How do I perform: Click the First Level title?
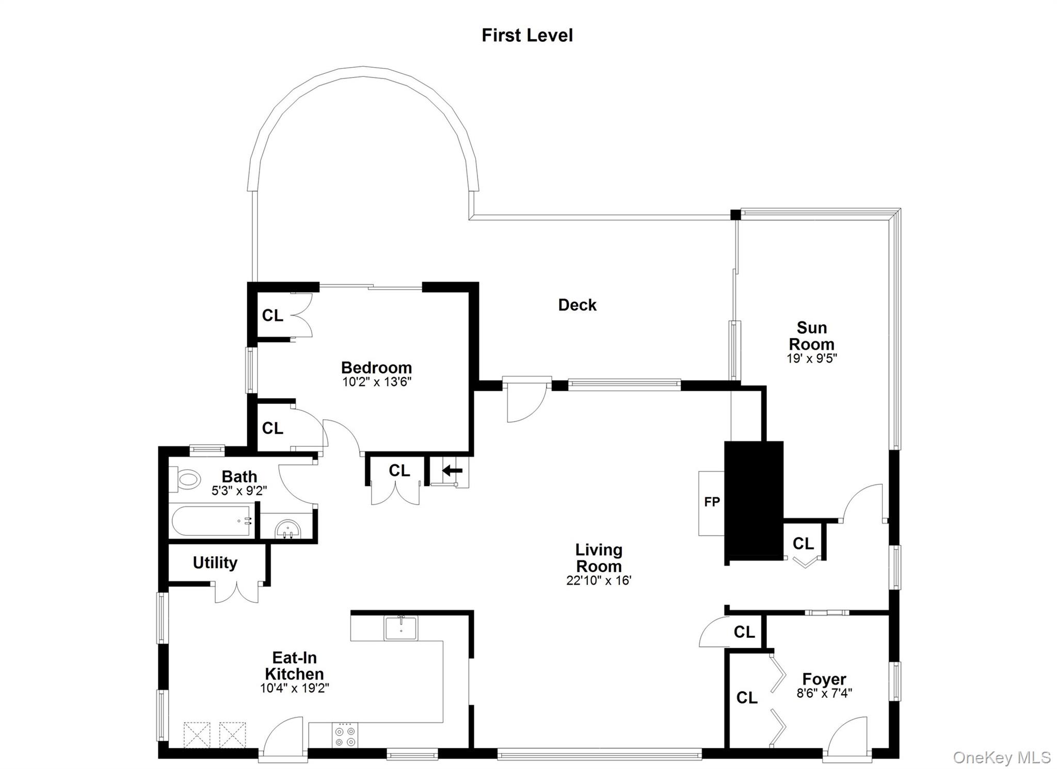point(527,35)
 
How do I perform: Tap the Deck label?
point(577,305)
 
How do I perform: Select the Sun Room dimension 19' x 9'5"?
point(811,358)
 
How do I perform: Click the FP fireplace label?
point(712,501)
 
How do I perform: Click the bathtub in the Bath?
point(212,521)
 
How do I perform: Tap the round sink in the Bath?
point(287,529)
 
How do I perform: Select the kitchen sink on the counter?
point(401,628)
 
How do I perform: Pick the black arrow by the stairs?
point(453,470)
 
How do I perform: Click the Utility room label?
point(215,562)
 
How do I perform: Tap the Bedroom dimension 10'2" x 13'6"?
point(377,382)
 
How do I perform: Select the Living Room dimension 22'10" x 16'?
point(599,580)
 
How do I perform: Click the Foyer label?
point(824,679)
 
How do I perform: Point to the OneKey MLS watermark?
point(1001,757)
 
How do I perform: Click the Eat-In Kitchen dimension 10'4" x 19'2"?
point(294,688)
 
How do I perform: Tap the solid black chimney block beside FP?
point(754,498)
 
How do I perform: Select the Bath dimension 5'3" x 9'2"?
point(239,491)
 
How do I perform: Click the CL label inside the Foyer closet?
point(746,698)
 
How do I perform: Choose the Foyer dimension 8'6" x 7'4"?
point(824,693)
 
